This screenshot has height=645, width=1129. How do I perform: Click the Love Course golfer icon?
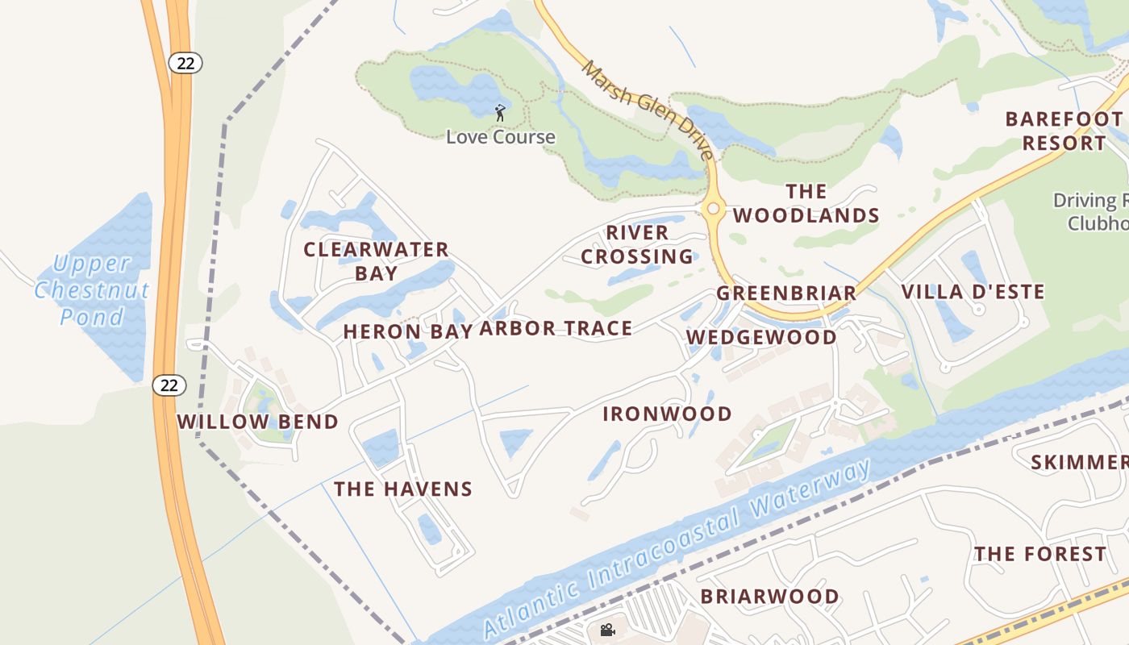[x=500, y=112]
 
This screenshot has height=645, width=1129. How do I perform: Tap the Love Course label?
[x=501, y=137]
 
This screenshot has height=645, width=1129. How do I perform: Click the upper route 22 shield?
[x=185, y=63]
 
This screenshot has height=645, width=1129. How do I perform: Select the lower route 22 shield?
[x=169, y=385]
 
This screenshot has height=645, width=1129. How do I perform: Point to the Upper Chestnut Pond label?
[x=92, y=290]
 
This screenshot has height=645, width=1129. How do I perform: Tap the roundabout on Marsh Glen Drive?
[x=713, y=210]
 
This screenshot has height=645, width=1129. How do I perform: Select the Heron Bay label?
[x=407, y=331]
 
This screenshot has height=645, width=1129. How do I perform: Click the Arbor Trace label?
[x=556, y=328]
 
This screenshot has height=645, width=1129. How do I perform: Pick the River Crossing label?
[x=637, y=244]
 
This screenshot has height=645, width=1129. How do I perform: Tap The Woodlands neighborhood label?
[x=806, y=203]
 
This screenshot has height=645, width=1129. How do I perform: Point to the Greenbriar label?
[x=786, y=293]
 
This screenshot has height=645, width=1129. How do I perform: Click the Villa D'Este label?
[x=973, y=292]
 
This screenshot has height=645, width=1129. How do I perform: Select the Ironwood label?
[x=667, y=414]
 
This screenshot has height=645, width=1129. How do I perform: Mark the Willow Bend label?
[x=257, y=422]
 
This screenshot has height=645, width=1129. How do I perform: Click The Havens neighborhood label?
[x=402, y=489]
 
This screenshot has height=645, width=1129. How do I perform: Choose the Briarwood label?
[x=769, y=597]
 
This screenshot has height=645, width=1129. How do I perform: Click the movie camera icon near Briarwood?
[x=607, y=630]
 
